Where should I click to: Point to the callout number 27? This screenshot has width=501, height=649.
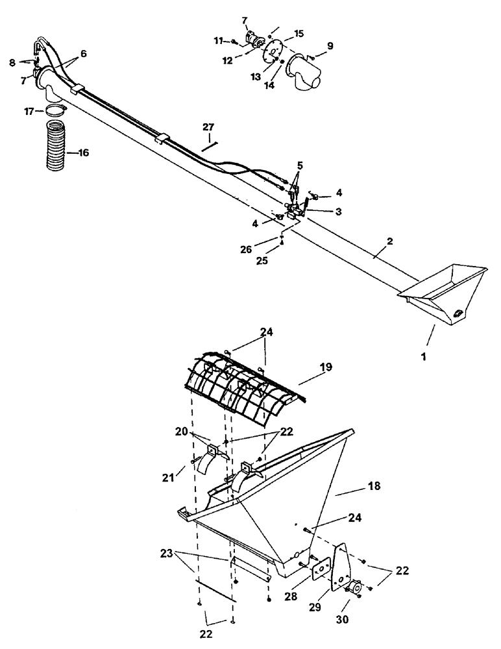pos(208,127)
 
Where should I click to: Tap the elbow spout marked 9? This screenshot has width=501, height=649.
pos(304,73)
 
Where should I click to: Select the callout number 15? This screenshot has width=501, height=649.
pos(299,32)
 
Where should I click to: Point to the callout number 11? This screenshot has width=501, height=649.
pos(219,40)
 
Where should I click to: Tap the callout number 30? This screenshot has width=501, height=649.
pos(343,620)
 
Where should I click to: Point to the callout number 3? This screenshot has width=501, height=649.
pos(339,212)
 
